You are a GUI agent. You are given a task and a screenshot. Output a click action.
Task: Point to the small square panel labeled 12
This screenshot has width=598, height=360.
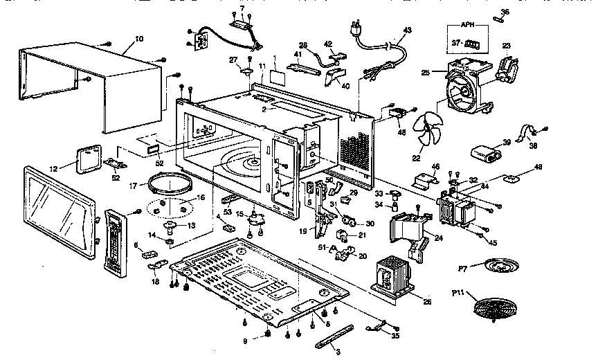pyautogui.click(x=88, y=159)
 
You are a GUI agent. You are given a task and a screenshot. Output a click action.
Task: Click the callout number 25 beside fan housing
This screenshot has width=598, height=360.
pyautogui.click(x=425, y=72)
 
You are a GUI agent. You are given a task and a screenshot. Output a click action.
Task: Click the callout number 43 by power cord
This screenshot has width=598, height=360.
pyautogui.click(x=407, y=30)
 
